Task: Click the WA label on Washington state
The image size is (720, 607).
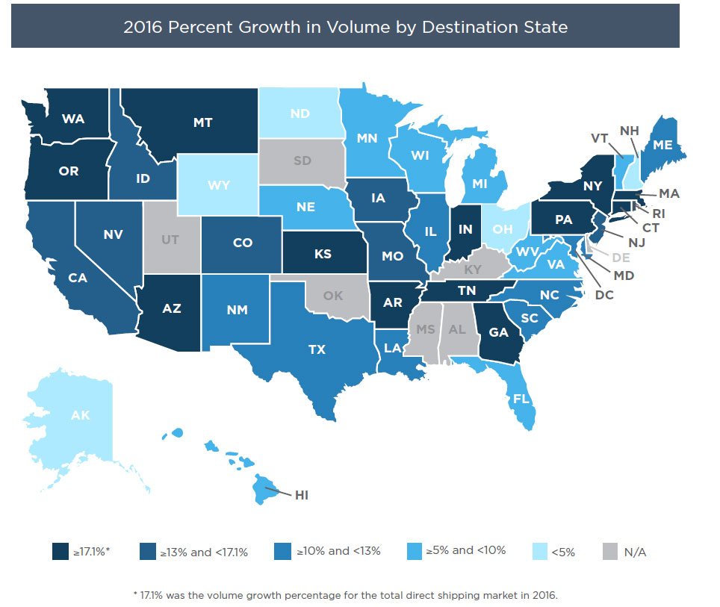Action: [72, 119]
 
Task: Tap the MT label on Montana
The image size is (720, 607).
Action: [203, 122]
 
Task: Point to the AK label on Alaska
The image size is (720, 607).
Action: [81, 415]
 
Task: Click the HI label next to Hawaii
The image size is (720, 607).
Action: [302, 495]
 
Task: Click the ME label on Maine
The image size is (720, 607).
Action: [662, 145]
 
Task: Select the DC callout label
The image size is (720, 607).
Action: [604, 296]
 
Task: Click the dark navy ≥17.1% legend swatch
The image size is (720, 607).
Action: [60, 552]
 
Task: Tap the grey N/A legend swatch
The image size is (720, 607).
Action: [611, 552]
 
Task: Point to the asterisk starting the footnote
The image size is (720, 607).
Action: [134, 595]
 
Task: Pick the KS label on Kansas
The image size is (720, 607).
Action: [323, 255]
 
